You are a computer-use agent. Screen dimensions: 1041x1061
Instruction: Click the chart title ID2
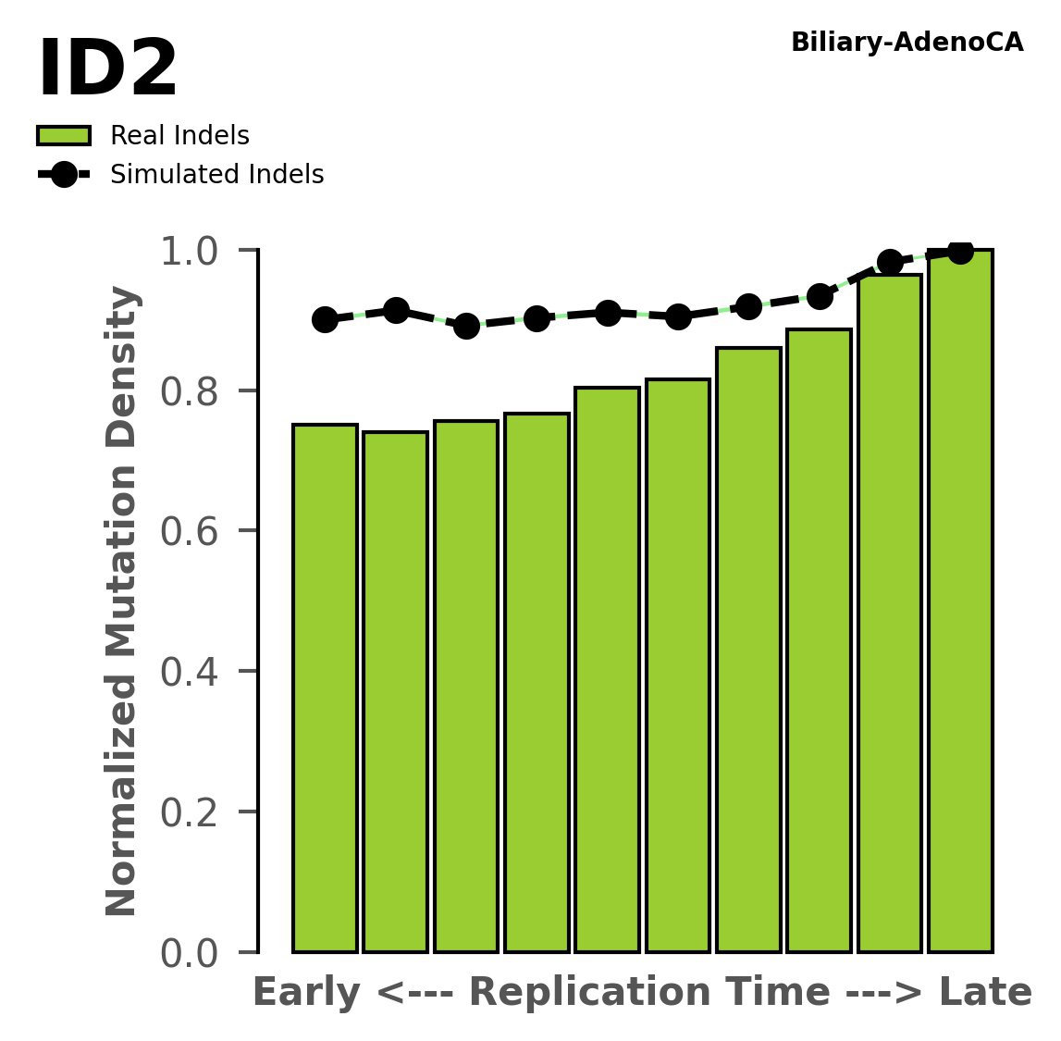[107, 70]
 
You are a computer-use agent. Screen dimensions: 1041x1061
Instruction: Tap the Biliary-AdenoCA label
[907, 43]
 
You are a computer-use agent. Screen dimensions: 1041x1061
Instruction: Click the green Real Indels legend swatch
[64, 136]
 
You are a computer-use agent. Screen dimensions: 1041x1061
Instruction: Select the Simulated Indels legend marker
[64, 174]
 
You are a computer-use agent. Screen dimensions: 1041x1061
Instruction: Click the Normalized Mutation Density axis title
[122, 601]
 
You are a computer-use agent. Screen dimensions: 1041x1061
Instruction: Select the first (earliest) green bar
[325, 688]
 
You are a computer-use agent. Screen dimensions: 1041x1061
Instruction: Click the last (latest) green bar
[960, 601]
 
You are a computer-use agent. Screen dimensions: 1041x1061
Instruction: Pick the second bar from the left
[395, 691]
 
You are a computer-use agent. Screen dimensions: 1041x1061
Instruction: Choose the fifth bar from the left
[607, 669]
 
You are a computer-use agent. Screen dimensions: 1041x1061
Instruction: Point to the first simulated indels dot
[325, 320]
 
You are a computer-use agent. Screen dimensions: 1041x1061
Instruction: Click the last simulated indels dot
[960, 252]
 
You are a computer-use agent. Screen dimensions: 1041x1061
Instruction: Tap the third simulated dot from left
[466, 326]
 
